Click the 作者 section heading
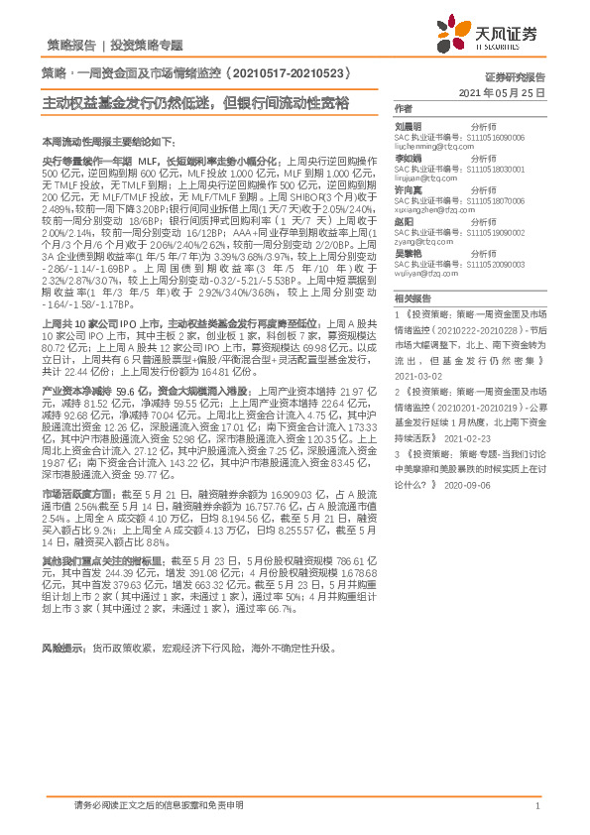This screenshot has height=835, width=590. click(x=403, y=107)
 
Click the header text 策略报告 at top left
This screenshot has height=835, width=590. click(x=71, y=45)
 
